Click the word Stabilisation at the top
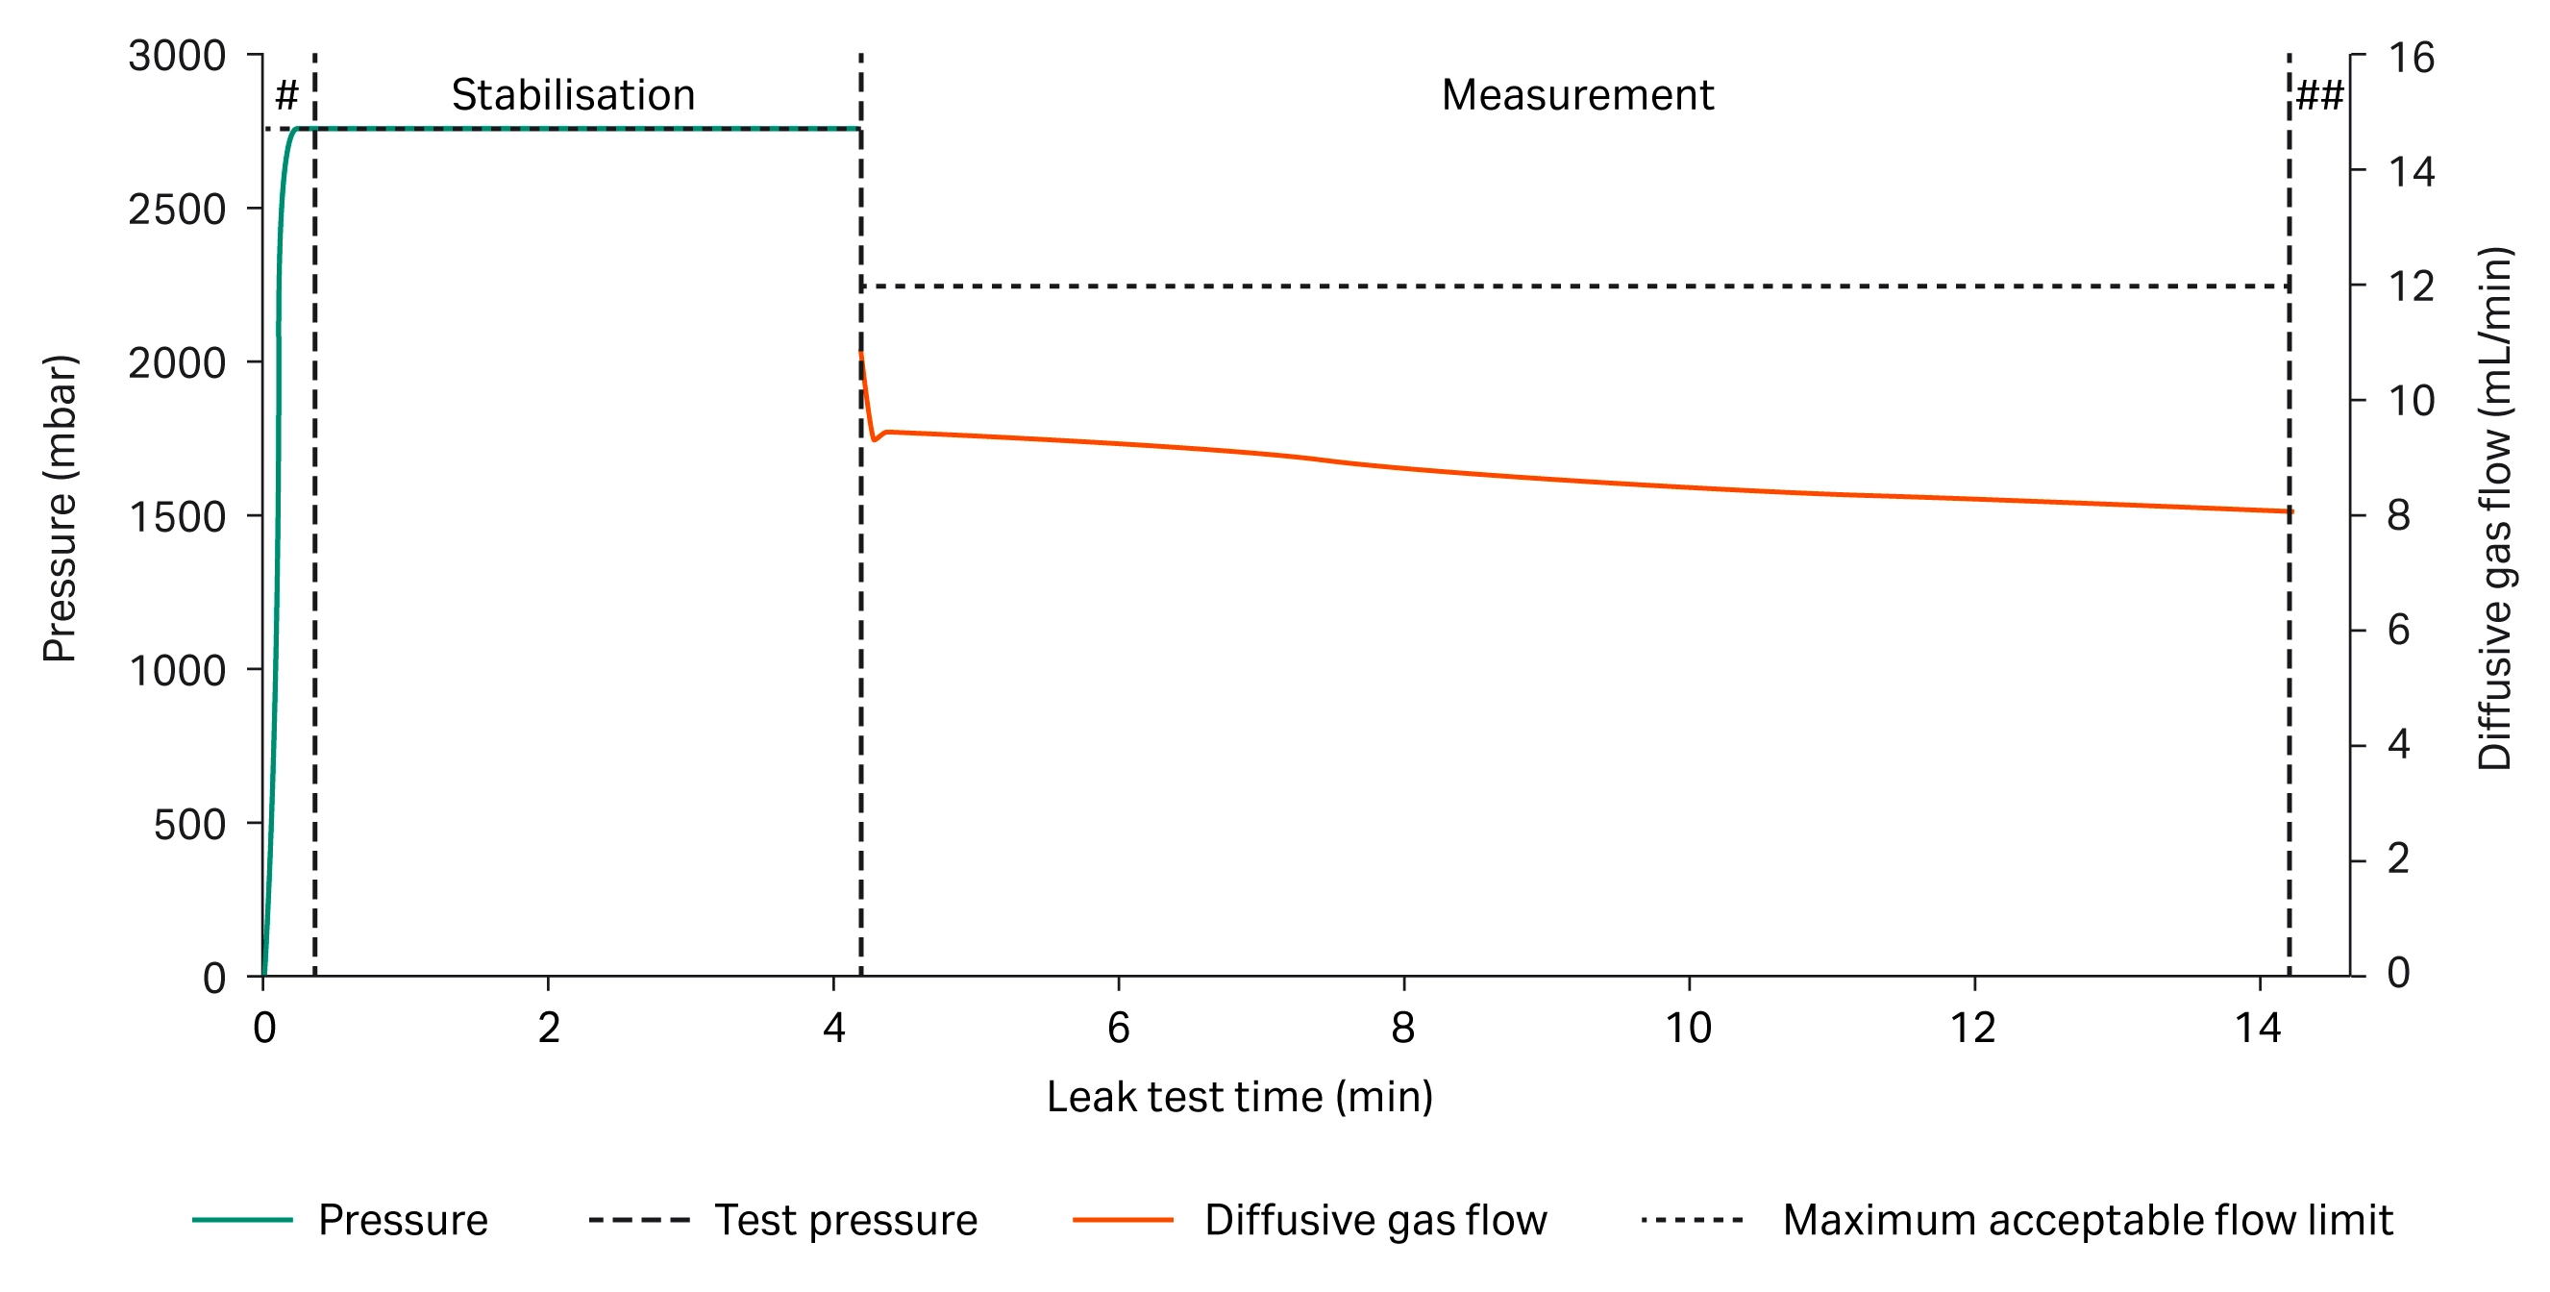tap(572, 95)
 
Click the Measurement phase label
tap(1576, 95)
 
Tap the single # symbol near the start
tap(286, 96)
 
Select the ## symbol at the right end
tap(2319, 96)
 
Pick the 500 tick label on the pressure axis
tap(189, 824)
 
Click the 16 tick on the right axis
tap(2411, 58)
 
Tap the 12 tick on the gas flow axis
tap(2411, 287)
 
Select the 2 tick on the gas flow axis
tap(2397, 859)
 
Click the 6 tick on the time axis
tap(1118, 1028)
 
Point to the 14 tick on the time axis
tap(2258, 1028)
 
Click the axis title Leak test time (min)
tap(1239, 1097)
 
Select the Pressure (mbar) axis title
tap(60, 508)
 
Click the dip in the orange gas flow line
tap(874, 438)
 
